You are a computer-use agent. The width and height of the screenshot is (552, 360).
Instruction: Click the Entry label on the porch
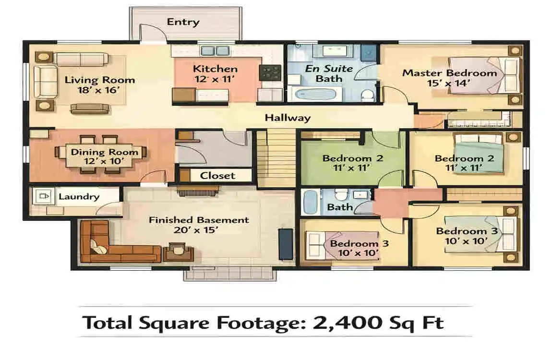tap(182, 22)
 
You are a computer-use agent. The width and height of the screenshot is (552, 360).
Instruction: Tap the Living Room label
tap(100, 80)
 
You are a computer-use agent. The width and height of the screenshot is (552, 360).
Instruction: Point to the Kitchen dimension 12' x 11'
tap(215, 80)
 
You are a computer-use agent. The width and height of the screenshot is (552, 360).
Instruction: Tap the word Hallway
tap(288, 118)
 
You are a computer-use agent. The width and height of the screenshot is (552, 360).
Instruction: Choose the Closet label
tap(217, 176)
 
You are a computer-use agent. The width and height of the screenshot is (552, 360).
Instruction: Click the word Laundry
tap(79, 196)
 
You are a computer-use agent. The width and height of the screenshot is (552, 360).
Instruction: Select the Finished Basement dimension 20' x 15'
tap(198, 230)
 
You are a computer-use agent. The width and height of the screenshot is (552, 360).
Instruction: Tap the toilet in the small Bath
tap(340, 196)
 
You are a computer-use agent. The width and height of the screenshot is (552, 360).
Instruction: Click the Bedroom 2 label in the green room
tap(352, 158)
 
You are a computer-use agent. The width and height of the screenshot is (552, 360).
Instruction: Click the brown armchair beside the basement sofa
tap(178, 252)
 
